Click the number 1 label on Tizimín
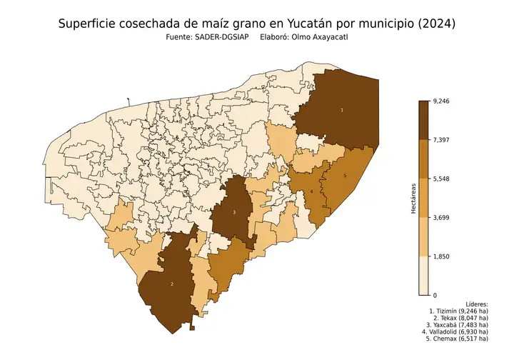[342, 110]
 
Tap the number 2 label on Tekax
[172, 284]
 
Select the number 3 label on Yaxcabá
[234, 212]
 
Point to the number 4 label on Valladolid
[311, 191]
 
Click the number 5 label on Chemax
[345, 175]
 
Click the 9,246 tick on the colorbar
[440, 101]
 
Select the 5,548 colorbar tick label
[440, 179]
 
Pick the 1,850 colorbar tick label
[440, 256]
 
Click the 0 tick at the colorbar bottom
[434, 294]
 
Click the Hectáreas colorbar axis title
[413, 198]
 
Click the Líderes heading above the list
[475, 304]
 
